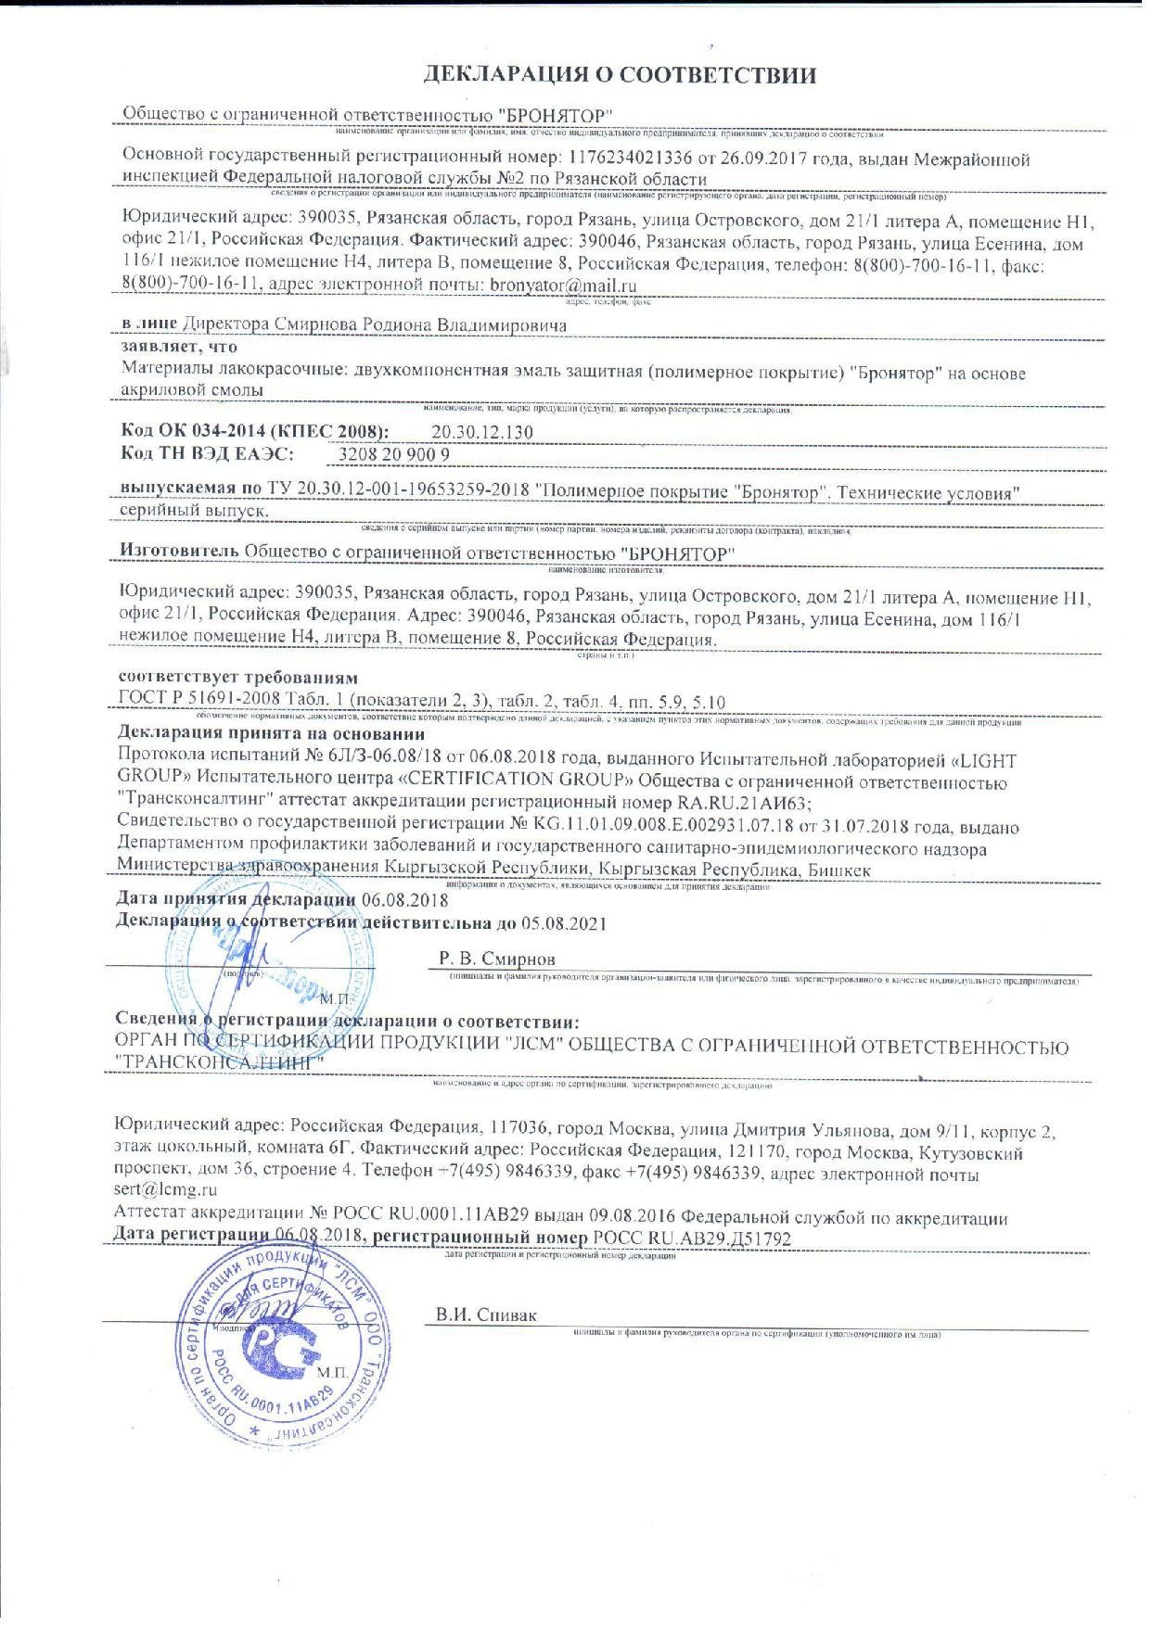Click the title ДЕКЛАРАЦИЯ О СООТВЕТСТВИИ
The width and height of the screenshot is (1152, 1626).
[619, 74]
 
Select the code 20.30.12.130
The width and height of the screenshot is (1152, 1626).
[482, 432]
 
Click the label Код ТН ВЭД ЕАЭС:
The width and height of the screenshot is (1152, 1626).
[207, 453]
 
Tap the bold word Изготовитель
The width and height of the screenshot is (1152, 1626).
[180, 551]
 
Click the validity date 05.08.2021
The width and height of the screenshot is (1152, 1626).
[553, 923]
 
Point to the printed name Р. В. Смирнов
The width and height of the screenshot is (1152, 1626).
[497, 959]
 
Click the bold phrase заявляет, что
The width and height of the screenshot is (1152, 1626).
[179, 347]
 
